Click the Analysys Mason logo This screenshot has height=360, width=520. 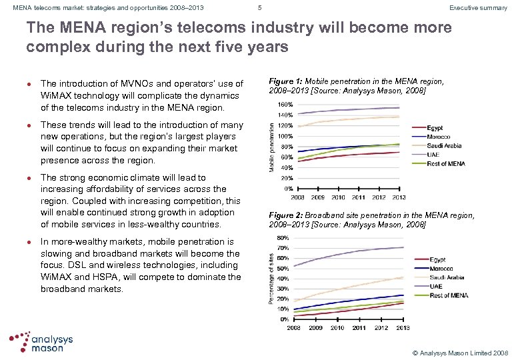41,341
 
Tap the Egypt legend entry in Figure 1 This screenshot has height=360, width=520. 434,128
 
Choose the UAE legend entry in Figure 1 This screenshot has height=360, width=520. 431,154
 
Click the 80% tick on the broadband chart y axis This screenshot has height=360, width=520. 283,237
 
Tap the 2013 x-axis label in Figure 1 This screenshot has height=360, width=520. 398,197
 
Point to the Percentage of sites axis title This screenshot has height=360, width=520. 271,278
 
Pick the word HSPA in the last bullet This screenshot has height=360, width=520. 101,277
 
